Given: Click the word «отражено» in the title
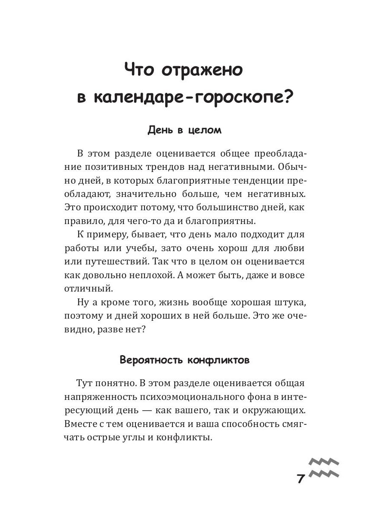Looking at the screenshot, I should [203, 70].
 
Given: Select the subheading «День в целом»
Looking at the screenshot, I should [184, 130].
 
